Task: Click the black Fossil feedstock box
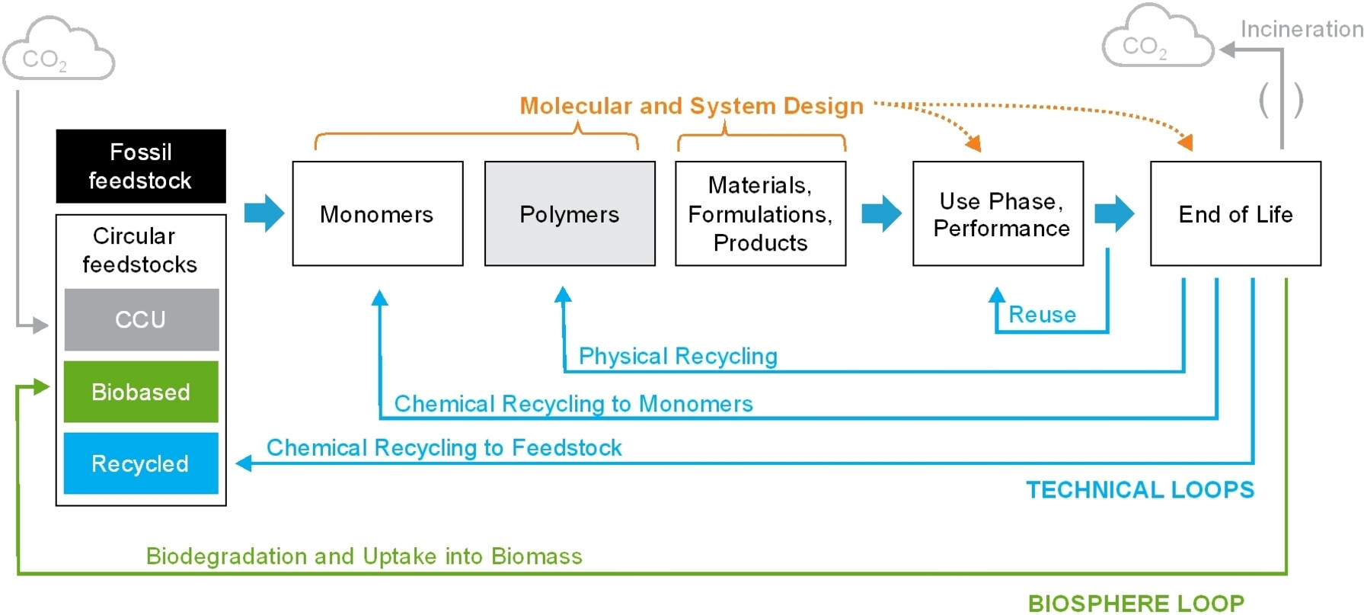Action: tap(141, 166)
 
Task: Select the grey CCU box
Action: tap(142, 319)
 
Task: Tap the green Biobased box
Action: tap(141, 392)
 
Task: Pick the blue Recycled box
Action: tap(141, 463)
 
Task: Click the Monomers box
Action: tap(378, 213)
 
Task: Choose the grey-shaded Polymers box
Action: tap(570, 213)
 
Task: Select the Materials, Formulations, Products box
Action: tap(761, 213)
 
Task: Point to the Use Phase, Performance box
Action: tap(998, 213)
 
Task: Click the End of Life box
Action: tap(1236, 213)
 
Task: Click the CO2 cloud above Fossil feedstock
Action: tap(58, 50)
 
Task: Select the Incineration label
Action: tap(1302, 29)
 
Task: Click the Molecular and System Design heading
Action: tap(692, 106)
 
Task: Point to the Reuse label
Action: tap(1043, 315)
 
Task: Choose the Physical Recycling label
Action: tap(678, 356)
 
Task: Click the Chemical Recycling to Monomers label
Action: tap(573, 403)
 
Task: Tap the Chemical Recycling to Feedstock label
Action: tap(444, 447)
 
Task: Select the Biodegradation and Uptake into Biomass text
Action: tap(364, 556)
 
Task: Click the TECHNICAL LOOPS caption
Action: tap(1140, 489)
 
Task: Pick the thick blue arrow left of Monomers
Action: tap(264, 213)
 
